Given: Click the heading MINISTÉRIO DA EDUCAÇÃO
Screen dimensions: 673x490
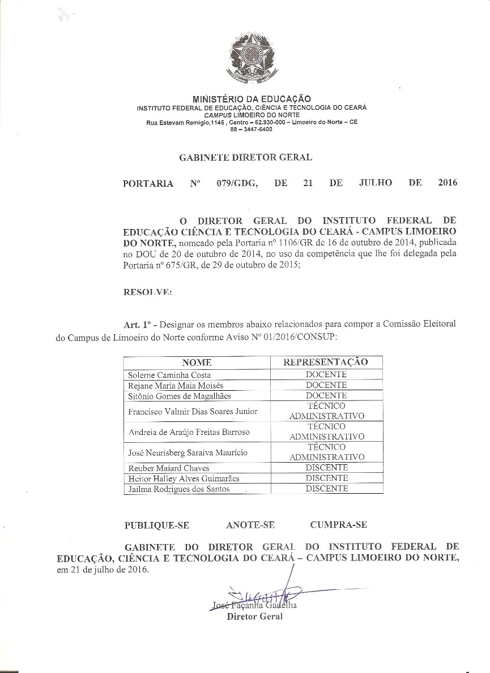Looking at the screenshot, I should pos(252,99).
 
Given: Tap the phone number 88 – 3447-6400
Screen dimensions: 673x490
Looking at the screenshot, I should pos(252,129).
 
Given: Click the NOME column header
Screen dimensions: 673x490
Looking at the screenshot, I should pos(197,363).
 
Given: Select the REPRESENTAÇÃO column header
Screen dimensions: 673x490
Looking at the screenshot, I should pos(326,362).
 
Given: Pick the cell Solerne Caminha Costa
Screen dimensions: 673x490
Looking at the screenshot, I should pos(169,375).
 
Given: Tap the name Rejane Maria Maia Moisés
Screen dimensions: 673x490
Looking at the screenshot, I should pos(176,385).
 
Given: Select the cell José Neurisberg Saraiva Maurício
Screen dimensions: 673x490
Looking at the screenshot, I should pos(188,452).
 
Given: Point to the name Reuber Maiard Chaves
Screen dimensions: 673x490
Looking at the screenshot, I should pos(169,468).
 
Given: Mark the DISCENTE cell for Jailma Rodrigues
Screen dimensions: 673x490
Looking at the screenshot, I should pos(326,489).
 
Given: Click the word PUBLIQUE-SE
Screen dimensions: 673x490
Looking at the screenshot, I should pos(156,525).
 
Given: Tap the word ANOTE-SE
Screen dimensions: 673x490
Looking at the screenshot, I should pos(250,525).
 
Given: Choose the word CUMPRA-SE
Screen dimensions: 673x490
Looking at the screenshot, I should pos(338,524).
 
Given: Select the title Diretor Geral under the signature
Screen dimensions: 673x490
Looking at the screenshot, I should pos(254,616).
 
